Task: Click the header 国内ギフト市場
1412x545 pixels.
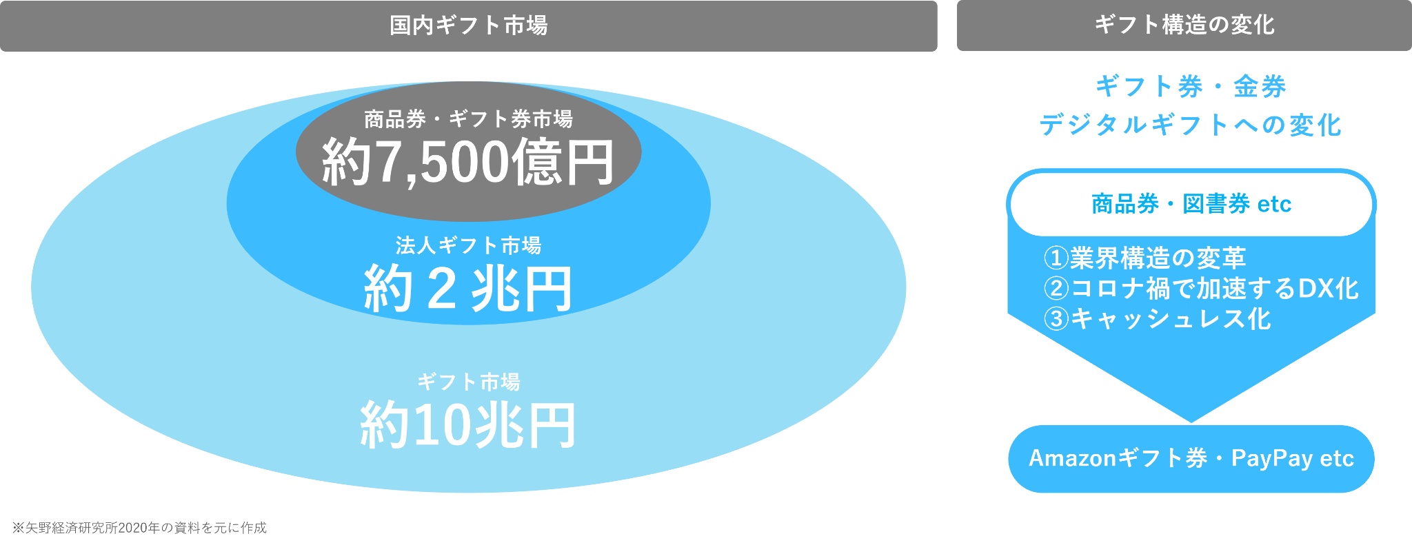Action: pyautogui.click(x=468, y=26)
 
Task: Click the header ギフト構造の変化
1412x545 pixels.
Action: pyautogui.click(x=1184, y=25)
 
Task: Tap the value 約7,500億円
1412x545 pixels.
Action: pyautogui.click(x=467, y=163)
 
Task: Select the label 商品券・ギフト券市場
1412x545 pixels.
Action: pyautogui.click(x=468, y=119)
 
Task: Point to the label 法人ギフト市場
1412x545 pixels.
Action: pyautogui.click(x=468, y=245)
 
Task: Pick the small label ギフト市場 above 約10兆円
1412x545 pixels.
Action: pyautogui.click(x=468, y=382)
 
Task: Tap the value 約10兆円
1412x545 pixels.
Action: pyautogui.click(x=467, y=426)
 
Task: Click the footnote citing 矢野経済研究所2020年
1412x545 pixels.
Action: pyautogui.click(x=139, y=528)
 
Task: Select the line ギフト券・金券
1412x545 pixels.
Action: pyautogui.click(x=1191, y=87)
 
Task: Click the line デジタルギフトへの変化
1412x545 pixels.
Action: pyautogui.click(x=1191, y=125)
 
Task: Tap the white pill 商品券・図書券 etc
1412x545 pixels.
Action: pyautogui.click(x=1191, y=205)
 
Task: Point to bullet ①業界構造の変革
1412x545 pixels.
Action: pyautogui.click(x=1144, y=258)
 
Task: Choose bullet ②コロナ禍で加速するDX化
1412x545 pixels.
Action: pyautogui.click(x=1201, y=289)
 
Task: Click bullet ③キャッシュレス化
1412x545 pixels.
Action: pyautogui.click(x=1157, y=319)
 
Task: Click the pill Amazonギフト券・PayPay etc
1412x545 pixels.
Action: pyautogui.click(x=1191, y=459)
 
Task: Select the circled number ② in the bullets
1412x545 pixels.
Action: pyautogui.click(x=1056, y=289)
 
